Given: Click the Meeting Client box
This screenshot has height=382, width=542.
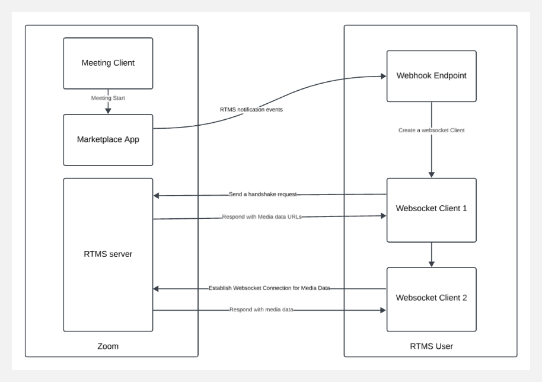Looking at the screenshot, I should (108, 63).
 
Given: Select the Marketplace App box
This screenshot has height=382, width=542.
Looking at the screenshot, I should (108, 140).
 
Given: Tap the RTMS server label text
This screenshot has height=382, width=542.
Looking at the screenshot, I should (108, 254).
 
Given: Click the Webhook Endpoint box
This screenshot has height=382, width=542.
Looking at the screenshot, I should (431, 76).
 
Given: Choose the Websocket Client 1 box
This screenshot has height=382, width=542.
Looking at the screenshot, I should (431, 209).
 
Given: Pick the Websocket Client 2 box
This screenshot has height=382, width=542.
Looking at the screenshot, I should (431, 298).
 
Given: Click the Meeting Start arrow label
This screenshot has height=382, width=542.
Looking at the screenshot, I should (108, 98).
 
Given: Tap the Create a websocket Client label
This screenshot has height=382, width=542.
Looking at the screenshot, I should (431, 130).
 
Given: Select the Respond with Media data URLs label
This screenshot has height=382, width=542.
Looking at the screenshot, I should (262, 217).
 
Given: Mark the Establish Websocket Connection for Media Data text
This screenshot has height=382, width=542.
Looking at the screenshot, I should (269, 288).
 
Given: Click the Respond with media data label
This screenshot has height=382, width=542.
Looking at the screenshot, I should (262, 310).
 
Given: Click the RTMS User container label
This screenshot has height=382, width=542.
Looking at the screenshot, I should (431, 346).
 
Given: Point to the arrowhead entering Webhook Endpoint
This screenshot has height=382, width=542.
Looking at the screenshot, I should (382, 77).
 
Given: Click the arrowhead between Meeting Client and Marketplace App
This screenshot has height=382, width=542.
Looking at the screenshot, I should (108, 110).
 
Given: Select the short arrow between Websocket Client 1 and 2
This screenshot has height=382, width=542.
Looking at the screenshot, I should (431, 255).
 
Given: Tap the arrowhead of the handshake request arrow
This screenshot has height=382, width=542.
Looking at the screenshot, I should (157, 196).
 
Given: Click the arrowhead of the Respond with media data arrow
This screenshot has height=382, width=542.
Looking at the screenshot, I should (382, 310).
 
